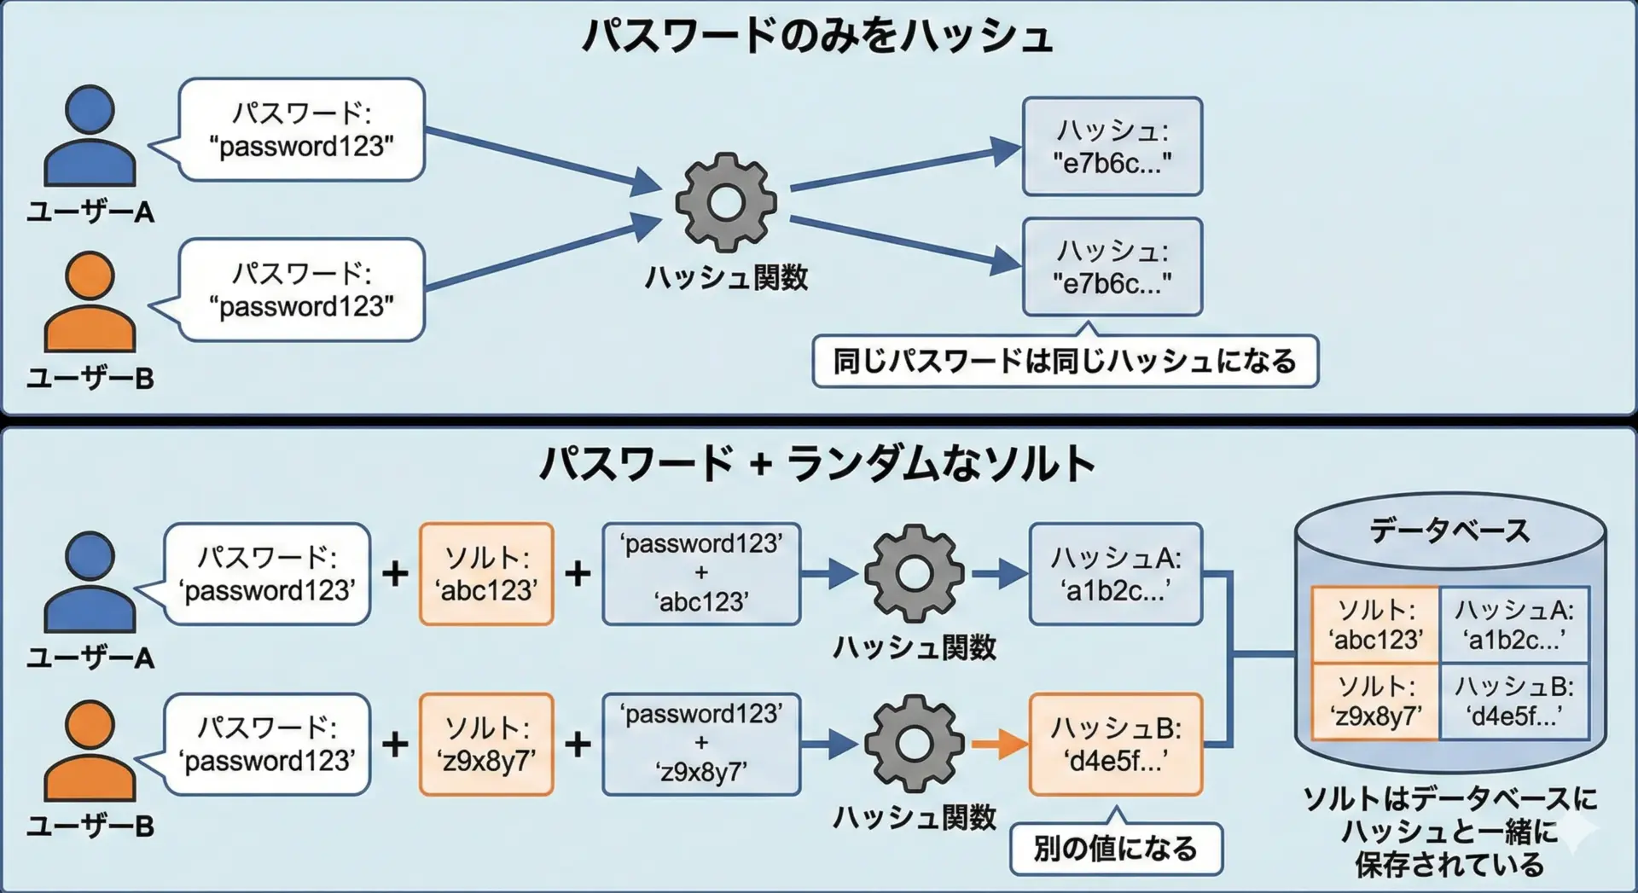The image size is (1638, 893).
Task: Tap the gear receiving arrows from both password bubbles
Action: (726, 202)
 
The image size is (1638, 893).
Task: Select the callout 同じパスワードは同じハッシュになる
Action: (1065, 362)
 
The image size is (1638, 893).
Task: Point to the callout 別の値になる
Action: (1115, 849)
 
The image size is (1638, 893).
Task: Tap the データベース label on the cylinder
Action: (1449, 531)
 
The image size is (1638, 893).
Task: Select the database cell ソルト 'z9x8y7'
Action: (1375, 701)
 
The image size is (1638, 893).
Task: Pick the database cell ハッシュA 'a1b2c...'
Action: (1513, 624)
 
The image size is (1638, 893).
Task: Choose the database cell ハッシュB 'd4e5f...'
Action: (1513, 701)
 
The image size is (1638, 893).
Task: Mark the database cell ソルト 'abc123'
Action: (1375, 624)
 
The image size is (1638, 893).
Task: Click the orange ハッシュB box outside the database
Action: (1115, 745)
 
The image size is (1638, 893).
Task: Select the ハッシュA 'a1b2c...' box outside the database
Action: (1115, 574)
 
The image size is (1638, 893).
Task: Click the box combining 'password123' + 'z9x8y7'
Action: (701, 744)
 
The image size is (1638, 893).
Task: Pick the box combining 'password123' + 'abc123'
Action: (701, 573)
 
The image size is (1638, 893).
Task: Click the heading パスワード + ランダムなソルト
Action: (817, 465)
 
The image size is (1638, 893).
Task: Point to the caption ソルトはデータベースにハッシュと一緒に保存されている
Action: (1449, 832)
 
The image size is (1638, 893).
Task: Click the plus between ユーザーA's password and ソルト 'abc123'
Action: (395, 573)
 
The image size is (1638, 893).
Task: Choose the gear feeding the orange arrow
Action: (914, 744)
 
